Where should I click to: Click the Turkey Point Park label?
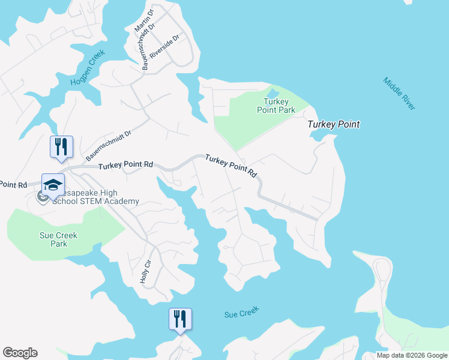click(x=276, y=106)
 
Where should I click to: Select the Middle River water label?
click(x=399, y=94)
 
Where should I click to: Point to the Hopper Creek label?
click(x=87, y=67)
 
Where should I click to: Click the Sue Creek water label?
click(x=241, y=313)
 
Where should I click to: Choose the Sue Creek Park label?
click(x=59, y=239)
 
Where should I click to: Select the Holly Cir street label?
click(x=144, y=272)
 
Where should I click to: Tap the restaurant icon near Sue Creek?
click(x=180, y=319)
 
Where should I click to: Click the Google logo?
click(x=20, y=353)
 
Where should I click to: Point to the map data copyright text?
click(x=412, y=355)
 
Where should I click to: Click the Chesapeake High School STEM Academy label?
click(x=90, y=197)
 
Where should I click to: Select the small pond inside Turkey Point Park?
click(x=273, y=94)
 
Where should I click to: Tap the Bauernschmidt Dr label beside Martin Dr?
click(x=148, y=47)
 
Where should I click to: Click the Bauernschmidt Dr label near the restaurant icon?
click(x=108, y=146)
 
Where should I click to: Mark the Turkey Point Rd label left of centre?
click(x=126, y=165)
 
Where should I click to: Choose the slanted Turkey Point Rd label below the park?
click(x=231, y=166)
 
